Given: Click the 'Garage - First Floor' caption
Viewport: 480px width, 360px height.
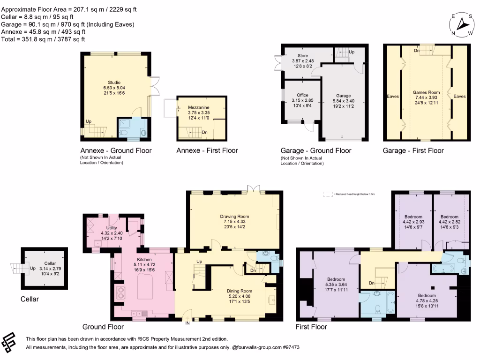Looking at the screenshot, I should point(413,150).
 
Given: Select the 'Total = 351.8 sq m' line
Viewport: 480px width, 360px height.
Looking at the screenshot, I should point(43,39).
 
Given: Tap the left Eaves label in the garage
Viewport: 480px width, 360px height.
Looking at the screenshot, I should point(393,96).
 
